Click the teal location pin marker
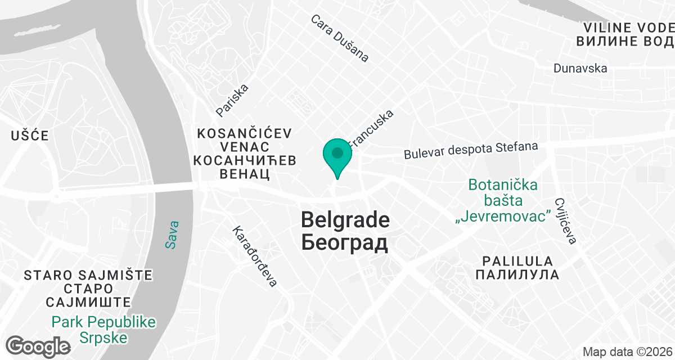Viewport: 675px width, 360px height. [337, 155]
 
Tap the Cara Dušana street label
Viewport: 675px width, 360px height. [340, 38]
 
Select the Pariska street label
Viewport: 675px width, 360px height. [232, 101]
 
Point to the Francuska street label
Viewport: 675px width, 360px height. [371, 128]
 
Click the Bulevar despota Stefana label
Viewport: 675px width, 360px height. [471, 150]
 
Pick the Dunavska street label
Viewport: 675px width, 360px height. [580, 68]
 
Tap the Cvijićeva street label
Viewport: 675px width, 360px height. [566, 220]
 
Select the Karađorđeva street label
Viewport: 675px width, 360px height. [255, 256]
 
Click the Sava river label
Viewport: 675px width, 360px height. [172, 234]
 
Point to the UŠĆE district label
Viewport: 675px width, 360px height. [30, 136]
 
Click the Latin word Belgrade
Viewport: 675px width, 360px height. [345, 219]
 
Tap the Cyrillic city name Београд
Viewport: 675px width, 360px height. [345, 243]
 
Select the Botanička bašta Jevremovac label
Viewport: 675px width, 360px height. [503, 201]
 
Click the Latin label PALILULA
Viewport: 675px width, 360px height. [517, 261]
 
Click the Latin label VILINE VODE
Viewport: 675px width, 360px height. [628, 28]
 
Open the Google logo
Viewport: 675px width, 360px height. [38, 345]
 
